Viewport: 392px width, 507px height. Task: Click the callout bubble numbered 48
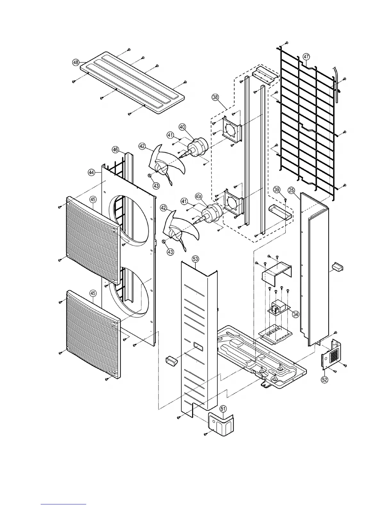tap(76, 63)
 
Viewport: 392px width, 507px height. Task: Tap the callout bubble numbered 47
tap(306, 57)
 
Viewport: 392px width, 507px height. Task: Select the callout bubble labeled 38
tap(215, 96)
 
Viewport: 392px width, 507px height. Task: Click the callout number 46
tap(116, 149)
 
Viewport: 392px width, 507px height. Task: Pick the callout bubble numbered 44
tap(92, 173)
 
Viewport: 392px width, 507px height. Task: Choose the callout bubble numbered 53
tap(195, 258)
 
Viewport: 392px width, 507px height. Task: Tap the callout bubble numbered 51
tap(223, 408)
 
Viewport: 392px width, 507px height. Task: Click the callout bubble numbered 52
tap(325, 380)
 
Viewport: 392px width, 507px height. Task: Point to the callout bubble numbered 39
tap(277, 190)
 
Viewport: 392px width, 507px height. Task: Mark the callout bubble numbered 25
tap(291, 190)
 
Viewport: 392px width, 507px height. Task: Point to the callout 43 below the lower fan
tap(170, 252)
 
